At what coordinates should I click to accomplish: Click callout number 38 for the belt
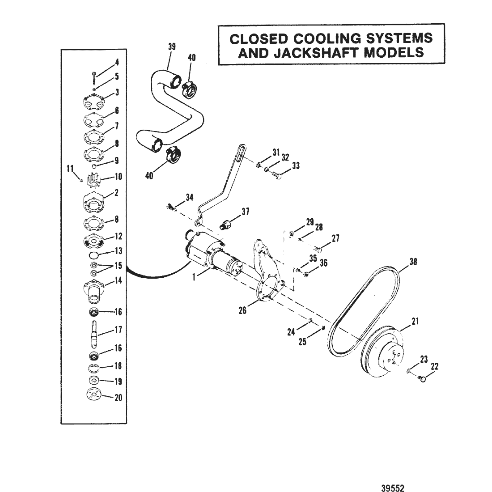click(413, 263)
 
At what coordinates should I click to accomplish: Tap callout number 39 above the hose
click(172, 47)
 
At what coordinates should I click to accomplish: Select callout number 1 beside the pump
click(194, 277)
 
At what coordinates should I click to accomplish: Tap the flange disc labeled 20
click(93, 396)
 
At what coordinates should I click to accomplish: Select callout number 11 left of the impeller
click(69, 169)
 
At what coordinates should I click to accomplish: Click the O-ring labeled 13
click(94, 255)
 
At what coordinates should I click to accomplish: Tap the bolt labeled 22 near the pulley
click(420, 379)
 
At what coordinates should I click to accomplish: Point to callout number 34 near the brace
click(190, 197)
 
